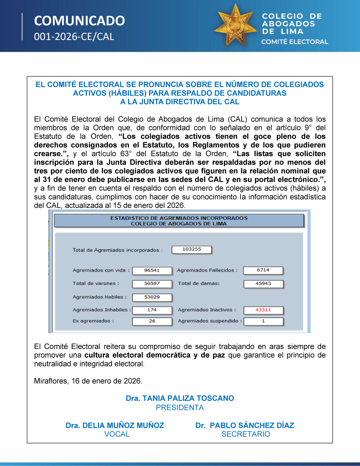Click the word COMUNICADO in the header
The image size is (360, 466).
coord(79,21)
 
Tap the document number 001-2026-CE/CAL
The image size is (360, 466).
coord(74,37)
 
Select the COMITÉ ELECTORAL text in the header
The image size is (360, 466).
coord(294,42)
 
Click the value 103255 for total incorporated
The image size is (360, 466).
coord(192,249)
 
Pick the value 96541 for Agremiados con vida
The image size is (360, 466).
coord(152,270)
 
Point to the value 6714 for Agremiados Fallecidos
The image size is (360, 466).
coord(263,270)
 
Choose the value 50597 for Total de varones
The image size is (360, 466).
coord(152,284)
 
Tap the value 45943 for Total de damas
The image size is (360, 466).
coord(263,284)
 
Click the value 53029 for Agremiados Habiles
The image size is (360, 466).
coord(152,297)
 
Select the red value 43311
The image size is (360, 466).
coord(263,310)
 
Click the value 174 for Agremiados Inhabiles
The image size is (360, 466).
coord(152,310)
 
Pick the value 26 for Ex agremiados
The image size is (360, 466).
coord(152,321)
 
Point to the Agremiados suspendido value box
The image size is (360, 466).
coord(264,321)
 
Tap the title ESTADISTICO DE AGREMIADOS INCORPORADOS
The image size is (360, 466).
coord(179,218)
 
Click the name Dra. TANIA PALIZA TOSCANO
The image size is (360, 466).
coord(180,398)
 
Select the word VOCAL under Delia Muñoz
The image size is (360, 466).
coord(117,434)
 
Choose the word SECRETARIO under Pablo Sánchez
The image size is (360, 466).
coord(246,434)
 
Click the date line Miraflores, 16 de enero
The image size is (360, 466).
coord(88,381)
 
